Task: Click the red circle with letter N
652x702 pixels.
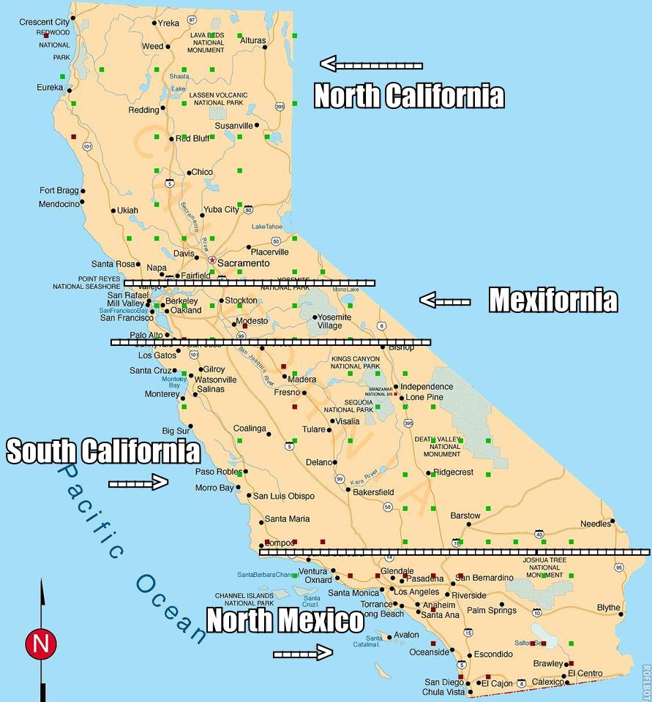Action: point(41,644)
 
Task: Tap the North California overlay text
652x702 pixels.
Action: point(409,96)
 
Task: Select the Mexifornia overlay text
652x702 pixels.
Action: point(552,300)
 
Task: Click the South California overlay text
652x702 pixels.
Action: point(102,451)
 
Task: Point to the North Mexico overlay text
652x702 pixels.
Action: point(285,621)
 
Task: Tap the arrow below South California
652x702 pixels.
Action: point(138,483)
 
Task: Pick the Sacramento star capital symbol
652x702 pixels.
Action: point(212,260)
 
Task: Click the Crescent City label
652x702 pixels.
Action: point(44,22)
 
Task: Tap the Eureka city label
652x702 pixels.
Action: point(50,88)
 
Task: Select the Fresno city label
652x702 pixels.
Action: point(287,393)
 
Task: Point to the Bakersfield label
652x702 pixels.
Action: point(373,492)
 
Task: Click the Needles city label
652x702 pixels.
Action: point(594,524)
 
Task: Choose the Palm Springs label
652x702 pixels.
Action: point(491,611)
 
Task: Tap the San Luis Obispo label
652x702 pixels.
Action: point(283,496)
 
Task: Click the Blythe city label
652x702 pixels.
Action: point(608,608)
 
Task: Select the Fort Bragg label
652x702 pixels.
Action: point(58,190)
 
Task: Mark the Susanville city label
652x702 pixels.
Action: point(233,126)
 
